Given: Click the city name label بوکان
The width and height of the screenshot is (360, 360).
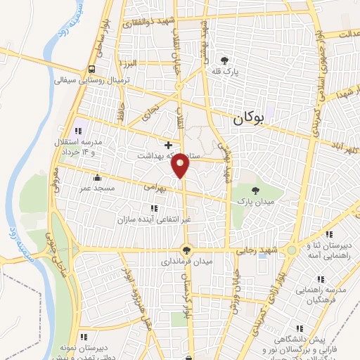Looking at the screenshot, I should [250, 120].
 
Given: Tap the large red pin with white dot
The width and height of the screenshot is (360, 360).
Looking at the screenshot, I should [181, 165].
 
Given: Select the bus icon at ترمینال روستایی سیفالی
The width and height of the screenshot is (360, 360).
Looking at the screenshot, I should [92, 69].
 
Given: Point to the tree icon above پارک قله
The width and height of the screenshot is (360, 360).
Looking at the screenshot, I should [224, 61].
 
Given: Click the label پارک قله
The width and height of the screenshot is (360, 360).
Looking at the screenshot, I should [226, 72].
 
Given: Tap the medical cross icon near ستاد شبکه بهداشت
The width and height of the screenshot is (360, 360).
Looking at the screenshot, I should [168, 144].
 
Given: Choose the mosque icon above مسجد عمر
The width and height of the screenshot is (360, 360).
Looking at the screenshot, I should [96, 177].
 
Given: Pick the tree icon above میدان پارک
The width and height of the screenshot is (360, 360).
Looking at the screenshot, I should [254, 190].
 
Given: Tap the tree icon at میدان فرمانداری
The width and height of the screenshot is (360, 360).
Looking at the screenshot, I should [186, 249].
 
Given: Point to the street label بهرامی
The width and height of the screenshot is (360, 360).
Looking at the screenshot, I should [153, 188].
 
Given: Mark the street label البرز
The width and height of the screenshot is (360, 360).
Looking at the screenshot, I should [127, 64].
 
